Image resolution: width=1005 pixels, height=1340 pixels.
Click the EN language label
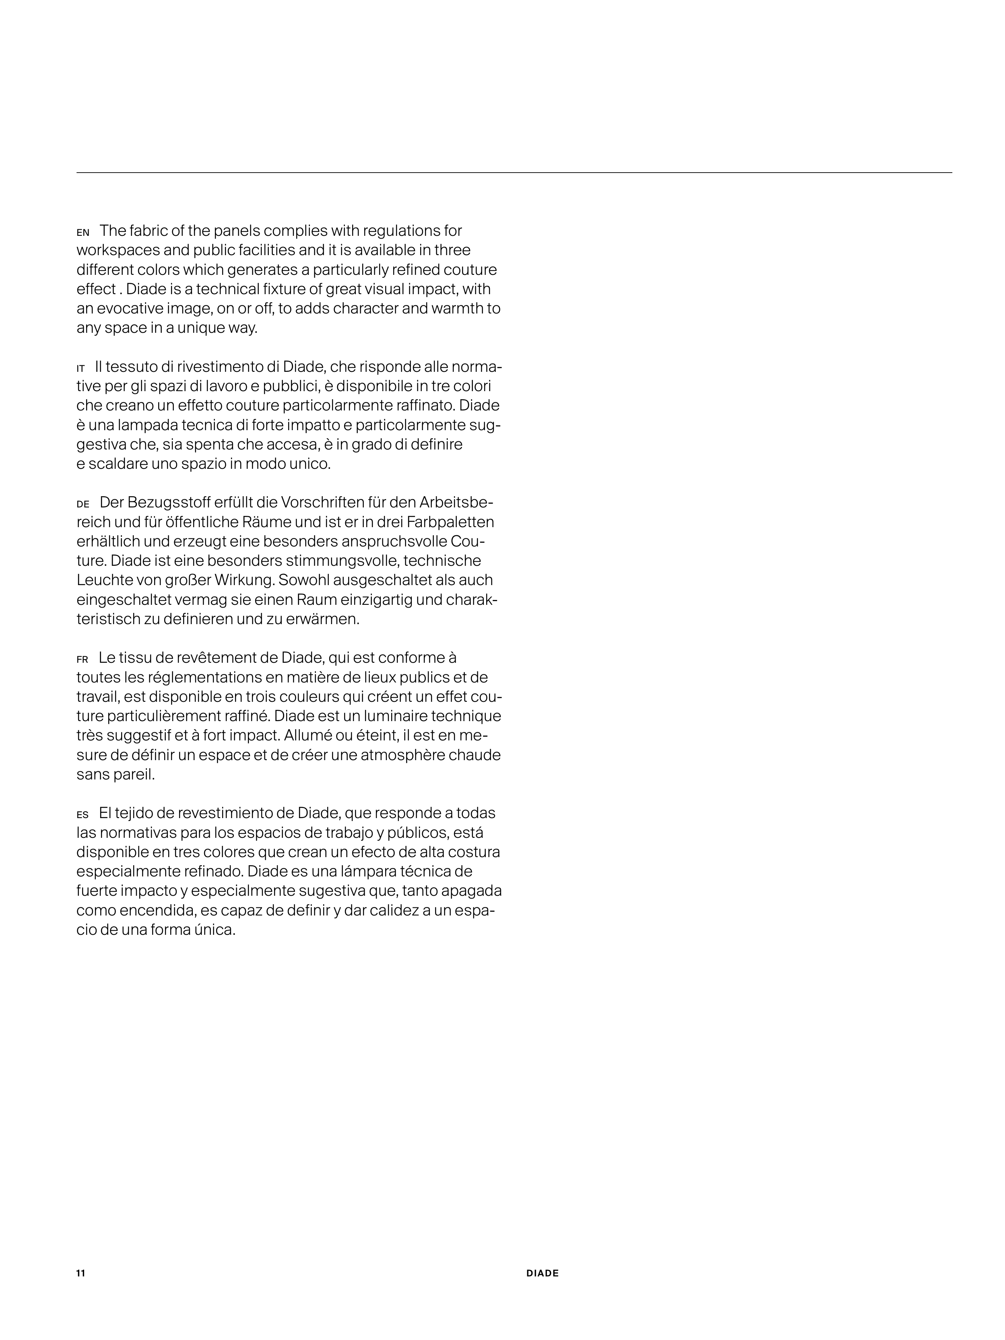click(x=83, y=233)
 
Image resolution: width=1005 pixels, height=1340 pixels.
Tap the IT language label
click(x=80, y=368)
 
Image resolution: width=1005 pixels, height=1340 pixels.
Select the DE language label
click(x=83, y=504)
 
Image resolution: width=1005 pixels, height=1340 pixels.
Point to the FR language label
click(x=83, y=660)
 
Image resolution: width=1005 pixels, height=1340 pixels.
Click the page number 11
click(x=80, y=1273)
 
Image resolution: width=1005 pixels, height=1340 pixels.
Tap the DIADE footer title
click(x=542, y=1273)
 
